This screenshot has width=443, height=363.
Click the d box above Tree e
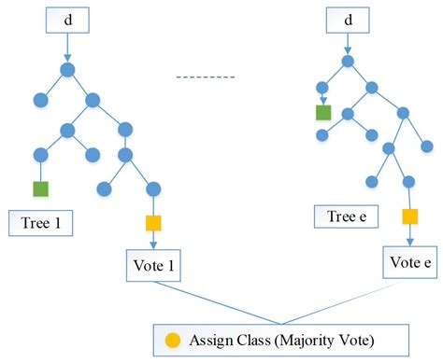click(x=347, y=20)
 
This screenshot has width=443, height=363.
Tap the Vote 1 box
click(x=153, y=264)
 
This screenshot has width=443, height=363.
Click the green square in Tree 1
click(x=40, y=188)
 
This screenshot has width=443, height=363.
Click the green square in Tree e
click(x=322, y=113)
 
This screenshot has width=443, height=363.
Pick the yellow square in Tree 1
click(x=153, y=223)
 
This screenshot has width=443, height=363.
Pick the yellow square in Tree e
click(x=409, y=216)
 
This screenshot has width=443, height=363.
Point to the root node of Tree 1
click(x=67, y=69)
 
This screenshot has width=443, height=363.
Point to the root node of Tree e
click(x=348, y=62)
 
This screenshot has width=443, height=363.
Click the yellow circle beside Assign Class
click(x=172, y=338)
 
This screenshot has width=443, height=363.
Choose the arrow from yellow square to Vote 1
click(x=153, y=241)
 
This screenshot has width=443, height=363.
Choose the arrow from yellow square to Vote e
click(x=409, y=235)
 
